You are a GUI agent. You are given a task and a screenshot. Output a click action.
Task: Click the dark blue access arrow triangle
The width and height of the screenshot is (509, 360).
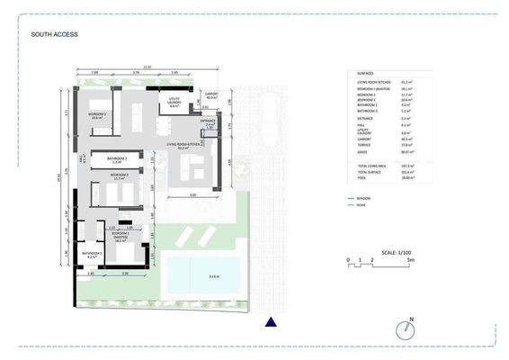270,321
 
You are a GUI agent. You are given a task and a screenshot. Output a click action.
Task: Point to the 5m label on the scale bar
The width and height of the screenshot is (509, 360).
385,261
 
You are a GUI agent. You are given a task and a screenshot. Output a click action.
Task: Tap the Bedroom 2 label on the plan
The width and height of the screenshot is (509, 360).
119,177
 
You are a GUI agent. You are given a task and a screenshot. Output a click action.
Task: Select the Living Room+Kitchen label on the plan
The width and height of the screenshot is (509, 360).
183,145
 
